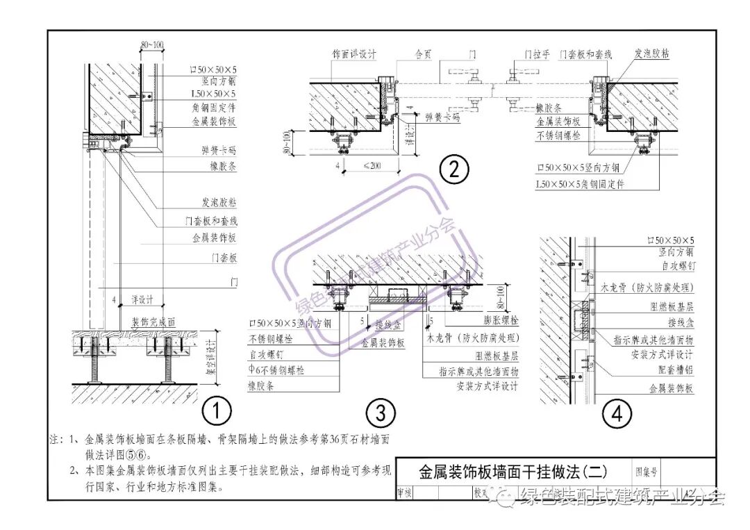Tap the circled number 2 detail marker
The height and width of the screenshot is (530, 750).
pyautogui.click(x=454, y=169)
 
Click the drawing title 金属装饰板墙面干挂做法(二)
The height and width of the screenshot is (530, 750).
pyautogui.click(x=513, y=472)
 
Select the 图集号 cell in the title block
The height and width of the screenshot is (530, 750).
pyautogui.click(x=649, y=472)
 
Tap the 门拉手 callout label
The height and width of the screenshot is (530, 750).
pyautogui.click(x=537, y=53)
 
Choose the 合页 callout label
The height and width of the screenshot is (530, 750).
pyautogui.click(x=423, y=53)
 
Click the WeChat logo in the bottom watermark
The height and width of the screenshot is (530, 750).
pyautogui.click(x=504, y=496)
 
